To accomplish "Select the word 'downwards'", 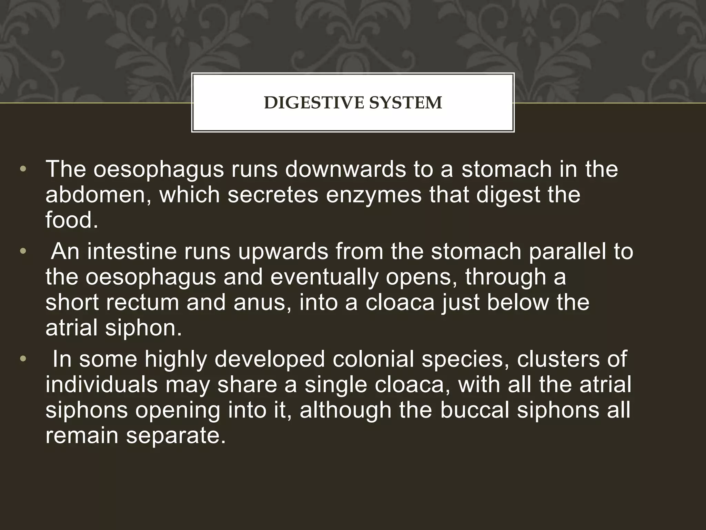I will coord(345,169).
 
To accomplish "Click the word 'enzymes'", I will coord(374,195).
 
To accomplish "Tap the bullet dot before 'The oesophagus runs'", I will coord(23,170).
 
